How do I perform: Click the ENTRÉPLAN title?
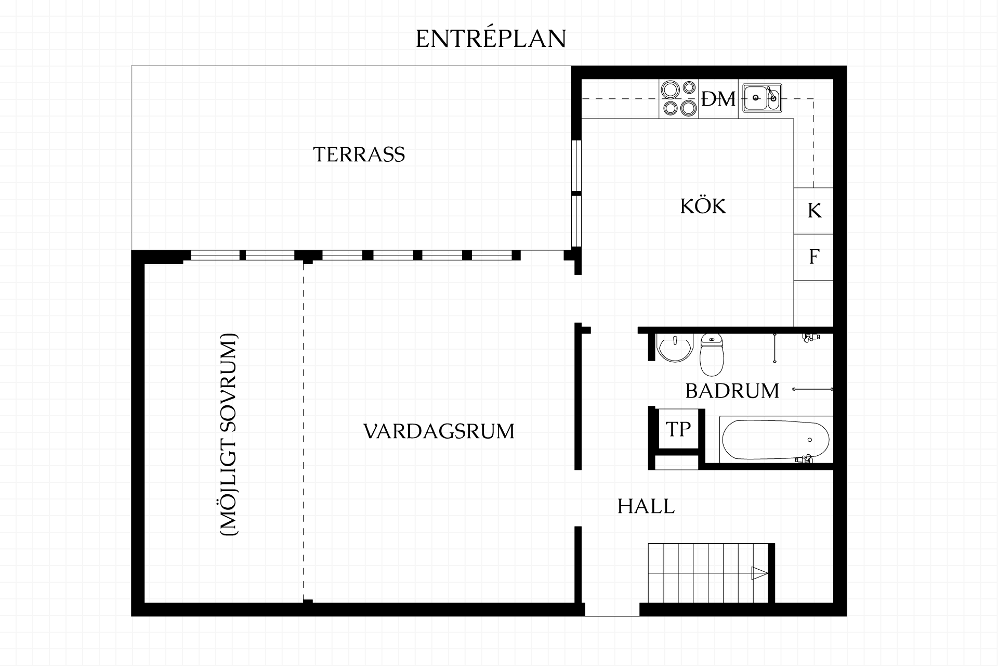[491, 38]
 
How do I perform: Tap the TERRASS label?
[359, 155]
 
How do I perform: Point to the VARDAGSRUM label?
[439, 431]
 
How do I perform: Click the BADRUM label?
[732, 391]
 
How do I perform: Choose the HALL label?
[646, 506]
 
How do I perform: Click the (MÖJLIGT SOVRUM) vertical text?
[229, 434]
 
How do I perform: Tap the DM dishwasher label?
[718, 99]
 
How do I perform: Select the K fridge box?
[814, 211]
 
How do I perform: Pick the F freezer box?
[814, 257]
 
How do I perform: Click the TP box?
[678, 429]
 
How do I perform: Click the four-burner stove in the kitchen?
[679, 98]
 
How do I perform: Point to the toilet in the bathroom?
[712, 355]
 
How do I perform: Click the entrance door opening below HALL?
[612, 610]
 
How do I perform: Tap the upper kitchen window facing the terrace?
[576, 166]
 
